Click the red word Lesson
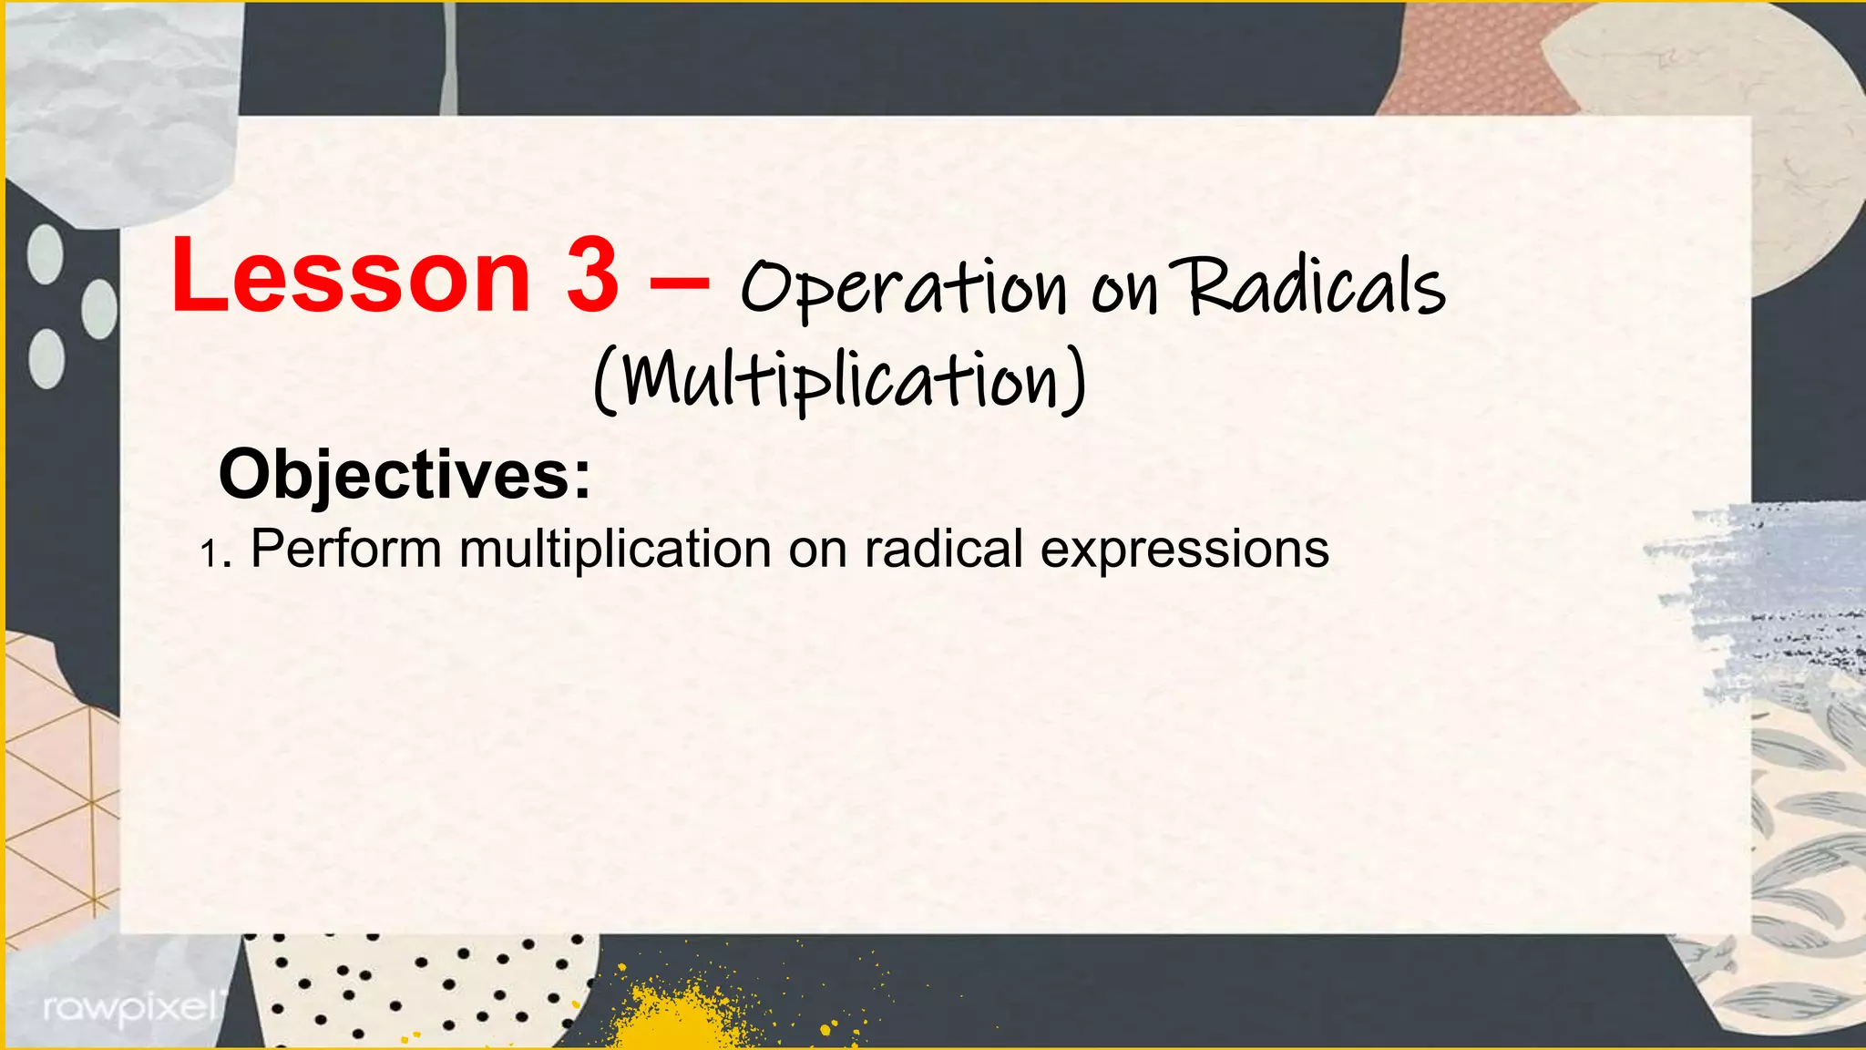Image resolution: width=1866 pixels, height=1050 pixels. point(351,274)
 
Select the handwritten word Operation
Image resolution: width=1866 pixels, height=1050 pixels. point(902,288)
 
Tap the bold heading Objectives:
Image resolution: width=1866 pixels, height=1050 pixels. point(405,474)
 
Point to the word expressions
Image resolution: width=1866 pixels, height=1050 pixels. point(1184,551)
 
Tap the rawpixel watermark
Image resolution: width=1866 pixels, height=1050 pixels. point(129,1008)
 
